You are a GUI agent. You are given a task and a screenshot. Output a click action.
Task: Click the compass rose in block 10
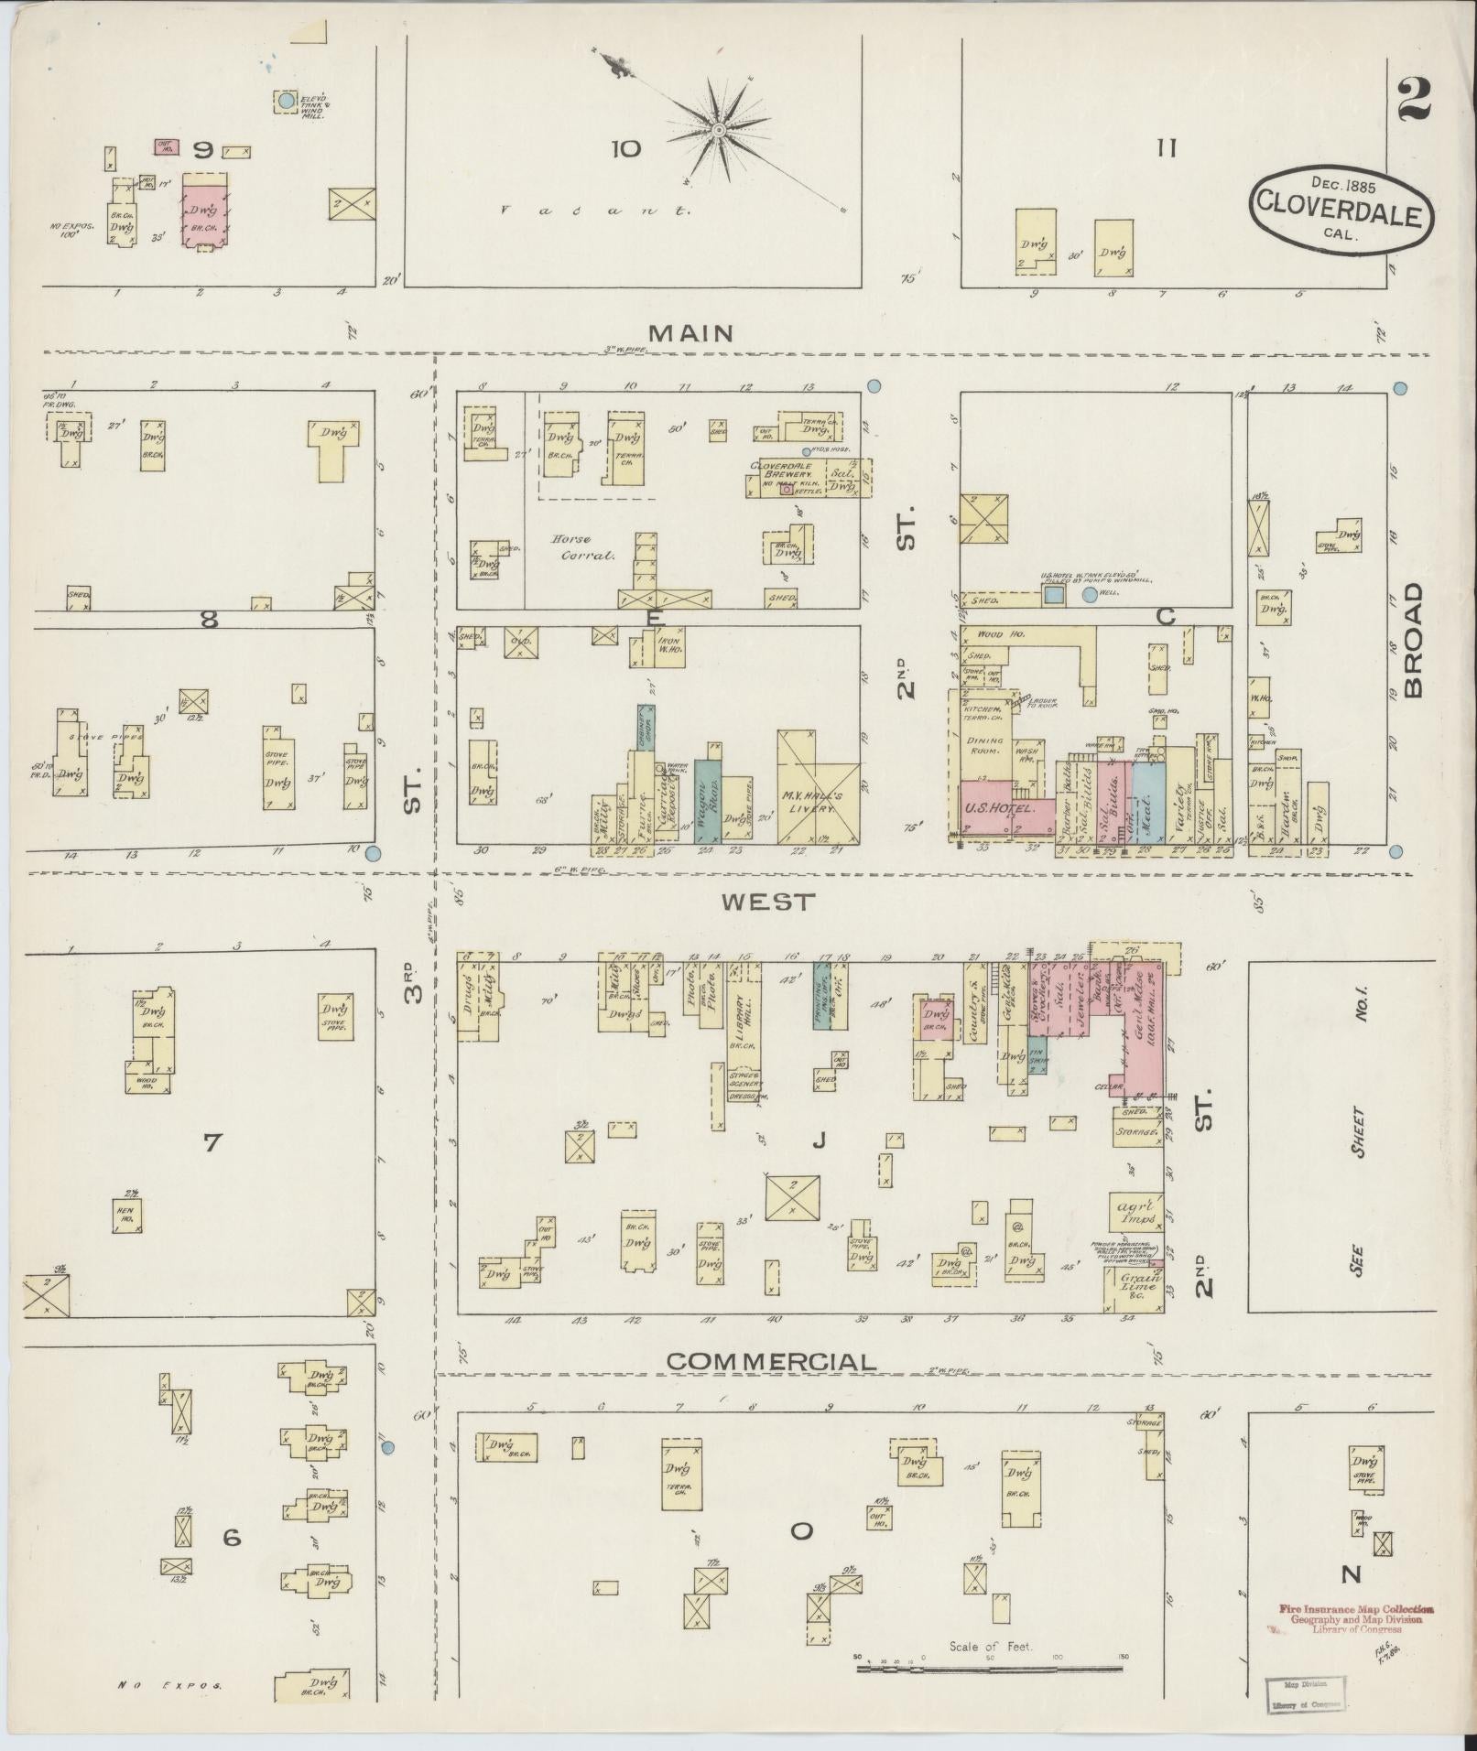pos(720,131)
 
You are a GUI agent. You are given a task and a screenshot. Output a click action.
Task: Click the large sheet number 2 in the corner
pos(1414,101)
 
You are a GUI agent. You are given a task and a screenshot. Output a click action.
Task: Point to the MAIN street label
pos(694,332)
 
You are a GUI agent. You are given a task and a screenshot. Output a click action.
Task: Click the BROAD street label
pos(1414,641)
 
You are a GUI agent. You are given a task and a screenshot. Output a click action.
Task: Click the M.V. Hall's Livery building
pos(818,787)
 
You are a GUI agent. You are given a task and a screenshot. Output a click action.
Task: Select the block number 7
pos(212,1141)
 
